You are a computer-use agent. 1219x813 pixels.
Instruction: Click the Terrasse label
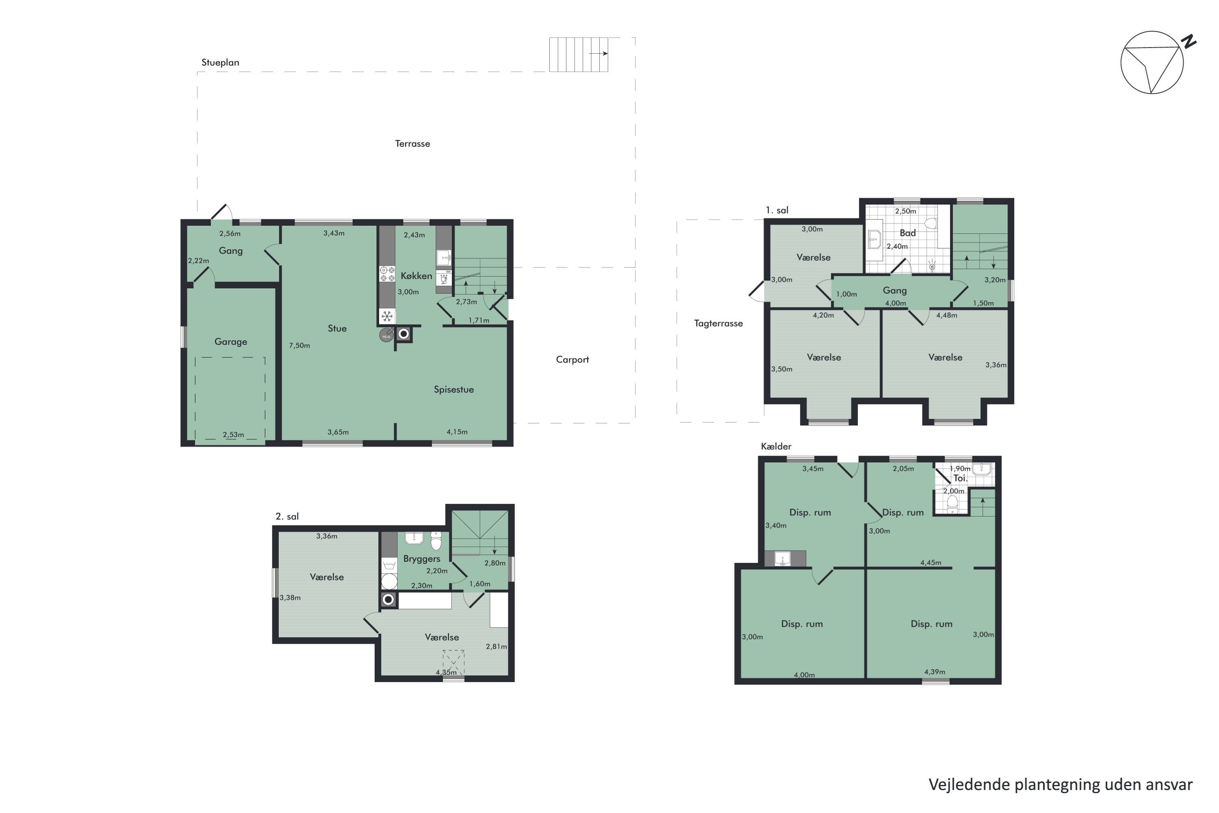(412, 143)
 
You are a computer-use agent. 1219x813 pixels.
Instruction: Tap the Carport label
(572, 359)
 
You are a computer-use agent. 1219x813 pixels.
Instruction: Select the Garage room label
(231, 342)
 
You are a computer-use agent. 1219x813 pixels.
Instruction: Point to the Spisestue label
(453, 389)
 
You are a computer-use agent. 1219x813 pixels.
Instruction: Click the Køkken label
(416, 276)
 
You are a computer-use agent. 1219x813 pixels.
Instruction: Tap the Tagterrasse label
(718, 324)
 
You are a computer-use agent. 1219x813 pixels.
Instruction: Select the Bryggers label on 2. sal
(421, 559)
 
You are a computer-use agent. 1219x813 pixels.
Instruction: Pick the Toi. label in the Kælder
(961, 478)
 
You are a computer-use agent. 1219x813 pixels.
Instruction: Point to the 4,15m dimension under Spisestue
(457, 432)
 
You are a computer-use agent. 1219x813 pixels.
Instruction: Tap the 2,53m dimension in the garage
(233, 435)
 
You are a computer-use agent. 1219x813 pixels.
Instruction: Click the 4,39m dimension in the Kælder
(935, 672)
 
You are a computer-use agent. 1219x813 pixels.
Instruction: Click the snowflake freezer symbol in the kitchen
(387, 316)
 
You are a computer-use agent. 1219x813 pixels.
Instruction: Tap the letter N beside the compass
(1189, 41)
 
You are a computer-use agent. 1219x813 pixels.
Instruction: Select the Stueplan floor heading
(220, 63)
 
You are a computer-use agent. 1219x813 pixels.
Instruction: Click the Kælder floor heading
(776, 446)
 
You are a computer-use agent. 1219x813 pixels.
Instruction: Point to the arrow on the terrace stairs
(599, 53)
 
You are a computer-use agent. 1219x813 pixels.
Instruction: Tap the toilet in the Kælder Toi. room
(952, 503)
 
